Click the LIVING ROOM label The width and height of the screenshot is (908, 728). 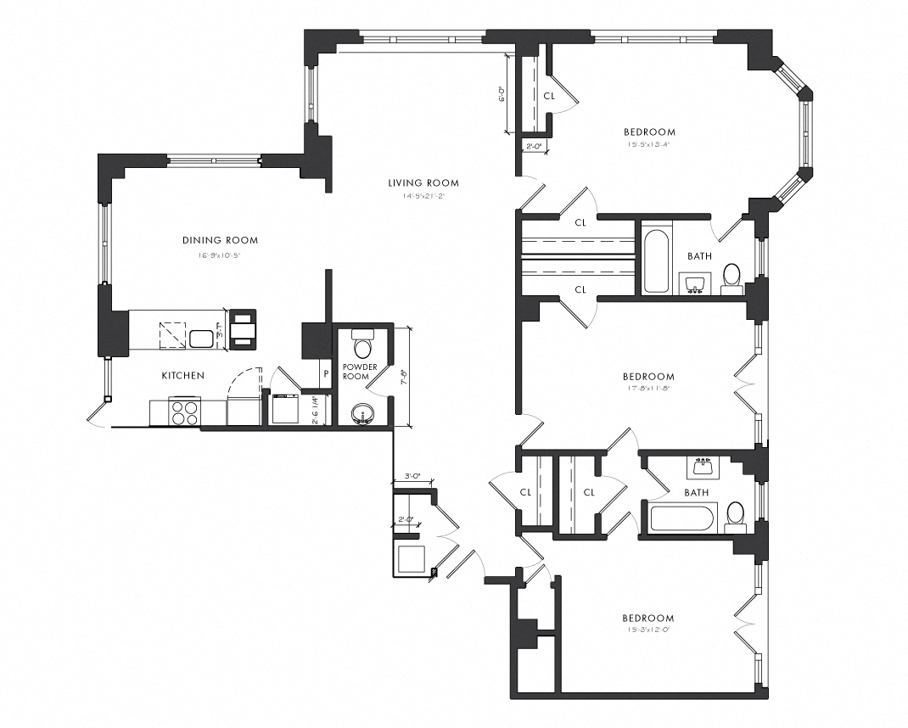pyautogui.click(x=423, y=182)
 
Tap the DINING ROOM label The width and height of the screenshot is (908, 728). pyautogui.click(x=220, y=240)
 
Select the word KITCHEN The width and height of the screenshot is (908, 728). pyautogui.click(x=183, y=375)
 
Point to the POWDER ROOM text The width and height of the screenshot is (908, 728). pyautogui.click(x=356, y=372)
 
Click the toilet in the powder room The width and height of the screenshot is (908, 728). pyautogui.click(x=362, y=344)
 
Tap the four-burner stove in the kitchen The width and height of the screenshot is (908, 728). pyautogui.click(x=185, y=412)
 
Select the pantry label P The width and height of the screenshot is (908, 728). pyautogui.click(x=324, y=373)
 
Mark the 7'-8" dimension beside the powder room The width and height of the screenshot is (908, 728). pyautogui.click(x=405, y=376)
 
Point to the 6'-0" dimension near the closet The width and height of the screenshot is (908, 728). pyautogui.click(x=502, y=93)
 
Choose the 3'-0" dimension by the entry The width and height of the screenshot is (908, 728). pyautogui.click(x=413, y=477)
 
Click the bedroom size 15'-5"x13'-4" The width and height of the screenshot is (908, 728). pyautogui.click(x=649, y=144)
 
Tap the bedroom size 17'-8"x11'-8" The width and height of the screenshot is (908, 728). pyautogui.click(x=648, y=389)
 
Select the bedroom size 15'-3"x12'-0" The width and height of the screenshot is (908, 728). pyautogui.click(x=648, y=630)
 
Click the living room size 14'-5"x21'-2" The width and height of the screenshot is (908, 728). pyautogui.click(x=423, y=196)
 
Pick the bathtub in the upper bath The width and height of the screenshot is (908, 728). pyautogui.click(x=657, y=258)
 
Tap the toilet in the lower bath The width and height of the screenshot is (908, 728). pyautogui.click(x=735, y=514)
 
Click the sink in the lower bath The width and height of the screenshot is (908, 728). pyautogui.click(x=703, y=467)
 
